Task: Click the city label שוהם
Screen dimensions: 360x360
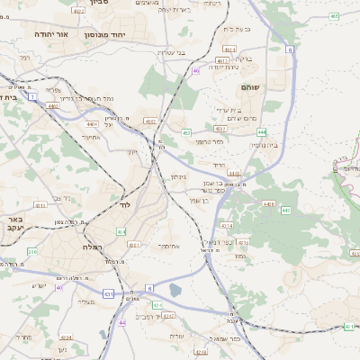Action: click(251, 88)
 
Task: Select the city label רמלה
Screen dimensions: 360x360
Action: click(93, 246)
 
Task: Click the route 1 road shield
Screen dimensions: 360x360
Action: click(33, 95)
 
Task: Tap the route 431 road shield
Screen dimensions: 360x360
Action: click(108, 293)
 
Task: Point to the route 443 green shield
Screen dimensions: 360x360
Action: click(285, 211)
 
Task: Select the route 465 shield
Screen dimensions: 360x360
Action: click(334, 16)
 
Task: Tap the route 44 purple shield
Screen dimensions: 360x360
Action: click(121, 323)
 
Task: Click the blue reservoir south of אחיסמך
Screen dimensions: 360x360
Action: click(174, 290)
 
